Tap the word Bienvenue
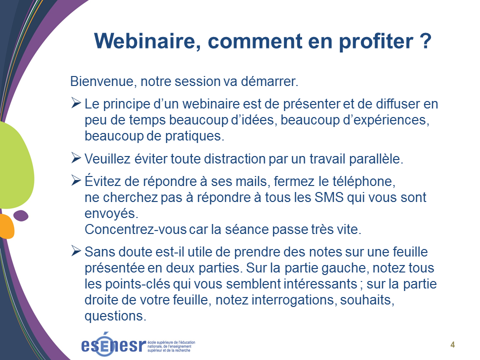(x=103, y=81)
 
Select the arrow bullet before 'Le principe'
(x=76, y=103)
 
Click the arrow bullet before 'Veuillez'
(x=76, y=158)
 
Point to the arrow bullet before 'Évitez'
(x=76, y=180)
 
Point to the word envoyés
(x=111, y=213)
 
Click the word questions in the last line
(x=115, y=316)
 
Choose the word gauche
(x=343, y=268)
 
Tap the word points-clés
(x=137, y=284)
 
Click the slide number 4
(x=453, y=344)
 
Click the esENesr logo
(x=138, y=344)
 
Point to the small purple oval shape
(x=21, y=215)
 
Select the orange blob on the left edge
(x=6, y=226)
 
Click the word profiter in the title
(x=376, y=41)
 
